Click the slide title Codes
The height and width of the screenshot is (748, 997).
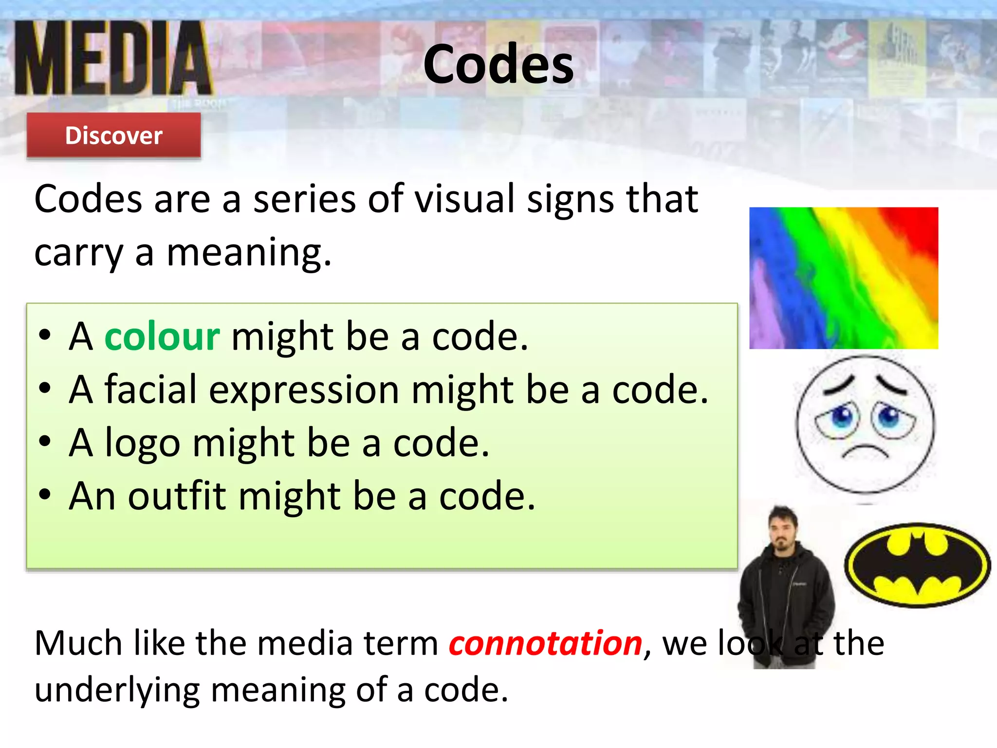(498, 64)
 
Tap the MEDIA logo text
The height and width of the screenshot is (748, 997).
(113, 58)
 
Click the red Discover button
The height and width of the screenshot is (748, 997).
(113, 135)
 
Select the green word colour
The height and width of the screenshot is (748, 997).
(162, 337)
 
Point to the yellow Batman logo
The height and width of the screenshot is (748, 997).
(917, 565)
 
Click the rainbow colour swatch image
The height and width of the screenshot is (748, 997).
(843, 278)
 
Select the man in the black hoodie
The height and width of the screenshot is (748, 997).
(785, 584)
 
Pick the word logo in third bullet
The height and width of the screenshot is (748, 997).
(143, 444)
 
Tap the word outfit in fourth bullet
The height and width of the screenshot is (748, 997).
(177, 496)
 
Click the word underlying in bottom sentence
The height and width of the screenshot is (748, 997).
(117, 691)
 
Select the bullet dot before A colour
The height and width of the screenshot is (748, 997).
(45, 336)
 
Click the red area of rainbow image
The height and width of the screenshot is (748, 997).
(915, 229)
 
